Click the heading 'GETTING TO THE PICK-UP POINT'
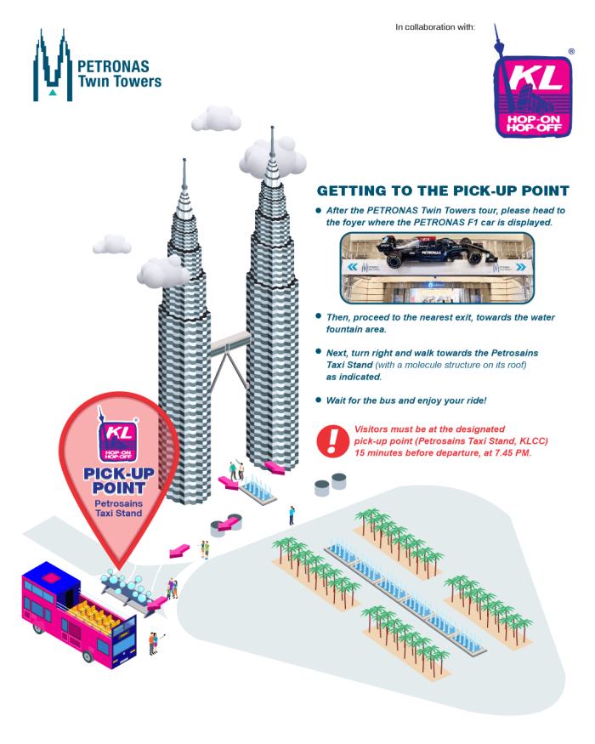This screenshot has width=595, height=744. [x=442, y=191]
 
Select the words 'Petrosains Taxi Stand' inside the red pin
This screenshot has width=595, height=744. [x=118, y=508]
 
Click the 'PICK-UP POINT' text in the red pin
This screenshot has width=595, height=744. [x=118, y=480]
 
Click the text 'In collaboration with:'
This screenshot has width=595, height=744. [x=435, y=27]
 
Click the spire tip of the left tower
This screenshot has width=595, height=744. [x=184, y=162]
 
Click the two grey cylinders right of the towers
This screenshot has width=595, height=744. [x=331, y=485]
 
